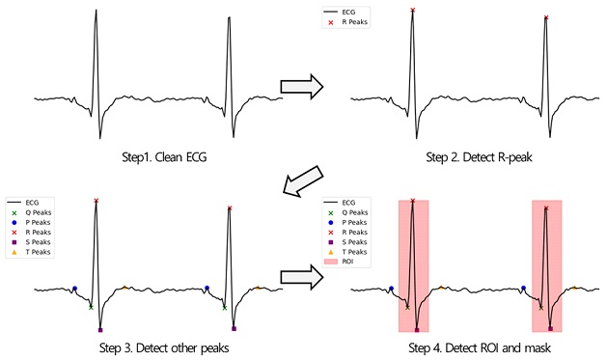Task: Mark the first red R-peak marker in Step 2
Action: [x=413, y=11]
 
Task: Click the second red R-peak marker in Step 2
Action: [x=546, y=18]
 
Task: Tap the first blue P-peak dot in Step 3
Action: [x=74, y=288]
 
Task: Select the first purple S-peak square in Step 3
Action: [x=100, y=330]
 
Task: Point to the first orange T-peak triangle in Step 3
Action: [x=124, y=287]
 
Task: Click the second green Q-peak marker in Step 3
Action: [x=224, y=308]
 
